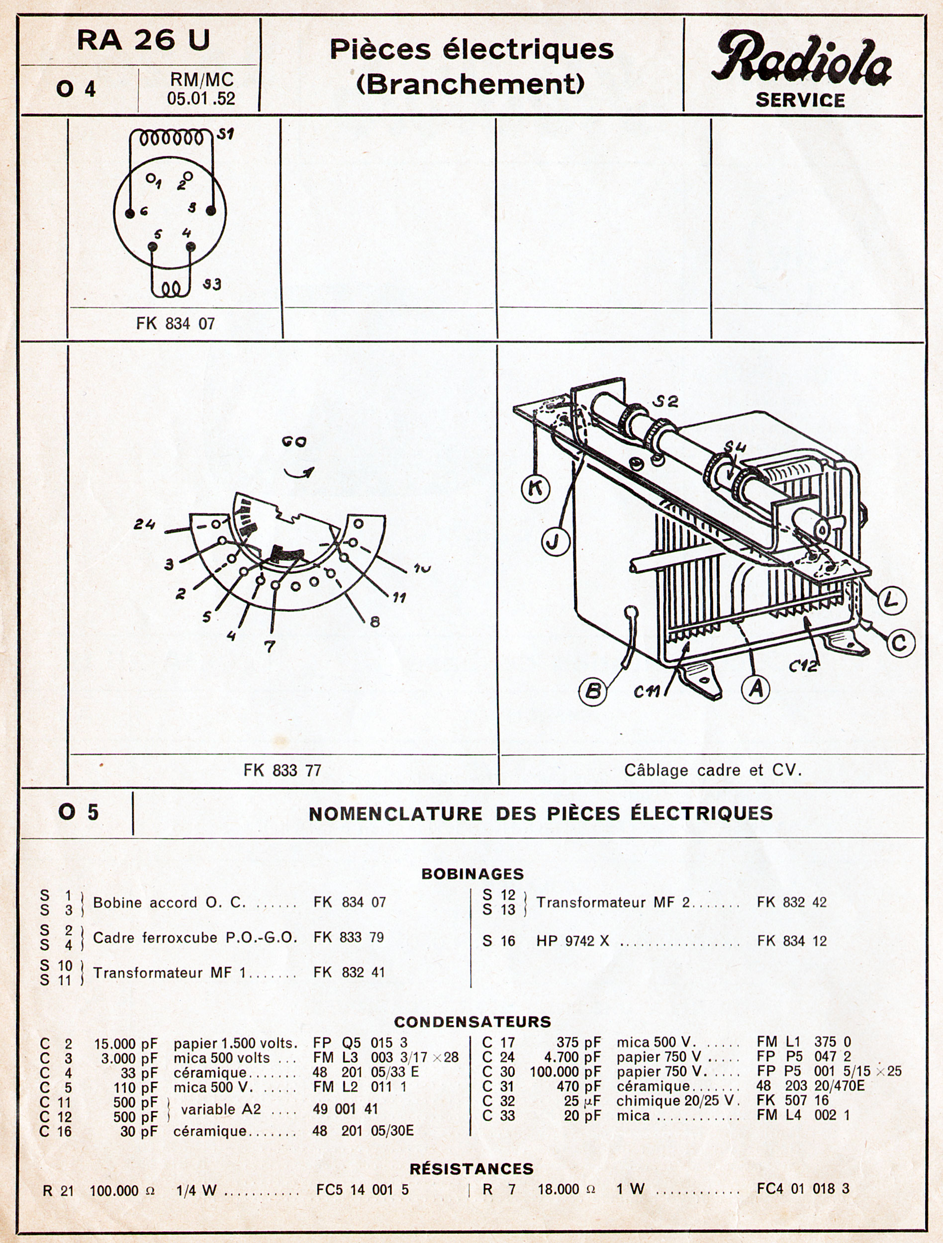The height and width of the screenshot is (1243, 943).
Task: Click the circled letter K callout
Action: [x=536, y=488]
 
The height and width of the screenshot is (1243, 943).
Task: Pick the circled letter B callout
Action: [x=593, y=691]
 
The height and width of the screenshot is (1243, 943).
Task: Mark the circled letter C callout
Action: [x=900, y=643]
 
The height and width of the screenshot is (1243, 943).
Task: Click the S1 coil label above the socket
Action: [x=226, y=135]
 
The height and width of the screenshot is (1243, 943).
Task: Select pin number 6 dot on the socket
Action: [x=130, y=213]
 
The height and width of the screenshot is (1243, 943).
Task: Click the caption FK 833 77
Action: [x=282, y=770]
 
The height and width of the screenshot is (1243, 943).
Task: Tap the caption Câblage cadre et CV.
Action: [x=712, y=770]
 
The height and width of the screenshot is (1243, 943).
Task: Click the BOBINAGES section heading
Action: [x=472, y=874]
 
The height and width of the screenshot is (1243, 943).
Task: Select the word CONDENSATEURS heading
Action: [x=472, y=1021]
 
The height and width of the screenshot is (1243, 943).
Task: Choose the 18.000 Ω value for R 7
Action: [x=566, y=1188]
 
